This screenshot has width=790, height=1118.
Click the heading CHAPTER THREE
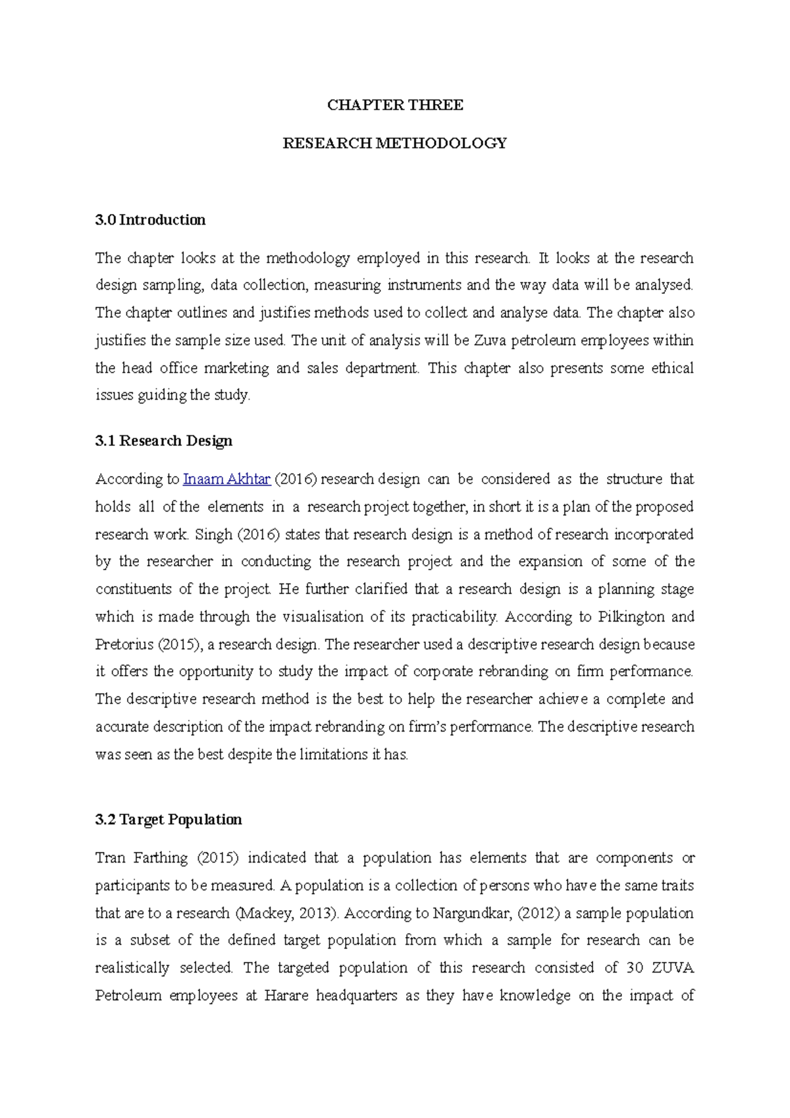[x=395, y=105]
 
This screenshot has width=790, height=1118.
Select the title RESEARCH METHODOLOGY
[x=394, y=144]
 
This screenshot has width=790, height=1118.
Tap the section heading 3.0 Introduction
[x=150, y=220]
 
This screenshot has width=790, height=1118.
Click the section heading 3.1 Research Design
[x=163, y=441]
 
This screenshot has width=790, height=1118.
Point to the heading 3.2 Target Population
[x=168, y=820]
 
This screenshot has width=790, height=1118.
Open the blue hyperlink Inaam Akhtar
[x=226, y=479]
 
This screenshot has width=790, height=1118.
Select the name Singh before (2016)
[x=214, y=535]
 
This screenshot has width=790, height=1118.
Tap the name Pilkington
[x=632, y=617]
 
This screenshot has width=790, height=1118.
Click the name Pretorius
[x=124, y=645]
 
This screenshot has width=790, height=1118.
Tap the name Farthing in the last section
[x=161, y=858]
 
